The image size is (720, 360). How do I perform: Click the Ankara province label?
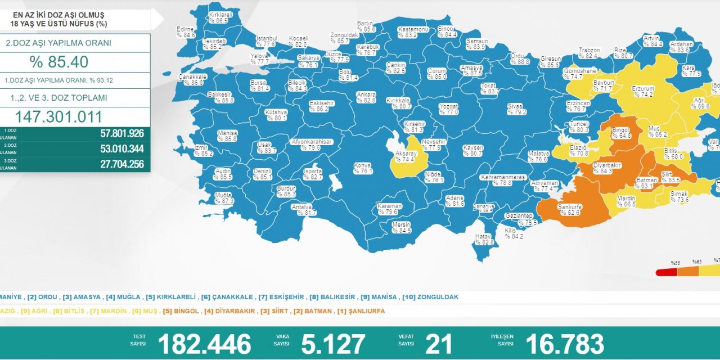tap(366, 97)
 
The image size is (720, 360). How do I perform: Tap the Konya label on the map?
tap(363, 168)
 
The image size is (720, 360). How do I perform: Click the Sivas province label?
tap(516, 109)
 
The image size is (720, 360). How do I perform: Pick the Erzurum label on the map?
tap(643, 92)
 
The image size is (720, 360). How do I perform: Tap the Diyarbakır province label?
tap(606, 168)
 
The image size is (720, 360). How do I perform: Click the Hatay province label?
tap(483, 239)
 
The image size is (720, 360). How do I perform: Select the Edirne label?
tap(186, 32)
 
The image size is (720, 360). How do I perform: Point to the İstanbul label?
tap(265, 41)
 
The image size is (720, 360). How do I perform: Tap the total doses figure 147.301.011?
tap(58, 116)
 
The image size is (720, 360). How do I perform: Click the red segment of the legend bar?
tap(667, 272)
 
